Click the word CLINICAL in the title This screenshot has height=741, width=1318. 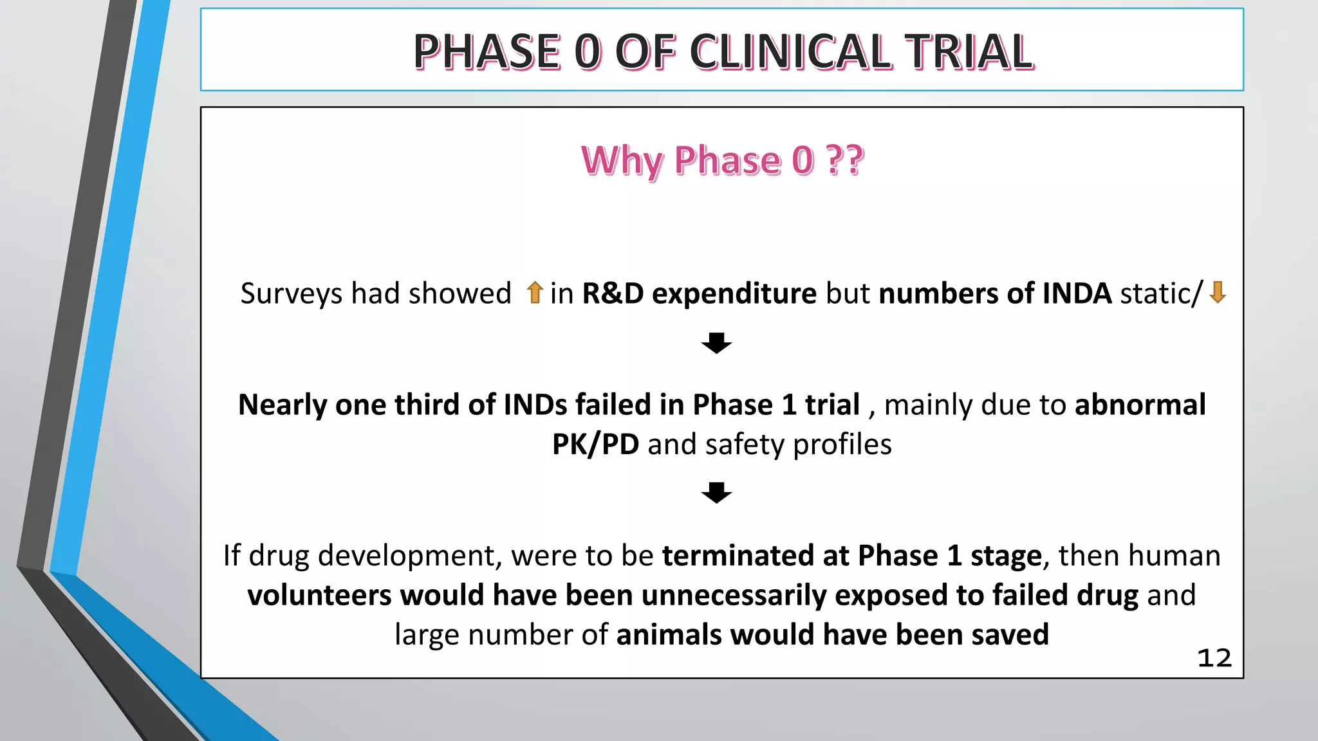(790, 52)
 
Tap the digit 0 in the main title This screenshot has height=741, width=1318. (588, 52)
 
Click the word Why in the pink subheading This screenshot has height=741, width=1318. (622, 161)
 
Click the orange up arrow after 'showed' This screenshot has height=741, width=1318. (534, 293)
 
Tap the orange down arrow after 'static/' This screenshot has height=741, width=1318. (1217, 293)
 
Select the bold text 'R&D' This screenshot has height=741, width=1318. (613, 293)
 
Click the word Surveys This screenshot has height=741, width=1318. (291, 294)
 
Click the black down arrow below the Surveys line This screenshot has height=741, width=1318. (716, 343)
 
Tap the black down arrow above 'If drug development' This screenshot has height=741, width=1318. (716, 493)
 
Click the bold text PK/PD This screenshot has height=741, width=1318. (595, 444)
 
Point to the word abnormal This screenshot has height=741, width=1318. (1140, 405)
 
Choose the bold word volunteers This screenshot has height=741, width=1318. (319, 595)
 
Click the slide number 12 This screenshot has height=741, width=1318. (1214, 658)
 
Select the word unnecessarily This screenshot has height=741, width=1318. (734, 595)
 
